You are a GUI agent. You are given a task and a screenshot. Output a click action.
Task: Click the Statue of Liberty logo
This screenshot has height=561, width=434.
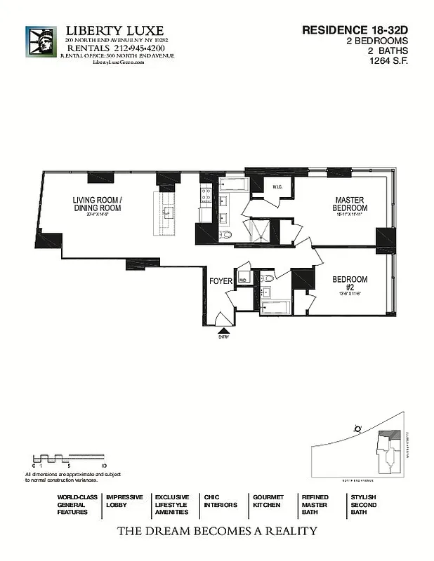[x=41, y=46]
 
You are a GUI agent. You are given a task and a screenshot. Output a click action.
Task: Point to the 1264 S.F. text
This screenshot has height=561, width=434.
[x=389, y=61]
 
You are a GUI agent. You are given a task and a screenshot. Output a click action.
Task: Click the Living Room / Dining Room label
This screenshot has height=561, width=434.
[x=97, y=203]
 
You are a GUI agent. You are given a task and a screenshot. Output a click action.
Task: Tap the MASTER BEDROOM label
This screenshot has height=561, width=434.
[x=350, y=204]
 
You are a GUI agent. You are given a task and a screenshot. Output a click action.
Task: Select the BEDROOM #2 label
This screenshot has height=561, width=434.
[x=350, y=283]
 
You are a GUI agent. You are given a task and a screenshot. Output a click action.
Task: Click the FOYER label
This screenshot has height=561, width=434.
[x=221, y=281]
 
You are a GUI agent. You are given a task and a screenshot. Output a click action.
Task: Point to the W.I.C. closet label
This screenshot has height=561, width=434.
[x=277, y=187]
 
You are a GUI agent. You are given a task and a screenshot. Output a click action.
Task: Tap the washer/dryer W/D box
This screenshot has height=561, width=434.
[x=243, y=280]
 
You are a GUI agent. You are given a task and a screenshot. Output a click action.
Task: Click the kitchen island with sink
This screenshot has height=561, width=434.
[x=169, y=214]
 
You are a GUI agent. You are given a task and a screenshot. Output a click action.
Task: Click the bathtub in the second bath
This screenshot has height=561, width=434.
[x=277, y=307]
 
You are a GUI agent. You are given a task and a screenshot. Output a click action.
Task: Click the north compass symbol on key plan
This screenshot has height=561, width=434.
[x=358, y=428]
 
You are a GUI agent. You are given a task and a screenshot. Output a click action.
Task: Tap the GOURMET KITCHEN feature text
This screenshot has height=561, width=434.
[x=267, y=501]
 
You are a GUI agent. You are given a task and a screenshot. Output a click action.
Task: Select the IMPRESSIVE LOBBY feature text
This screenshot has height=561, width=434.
[x=125, y=501]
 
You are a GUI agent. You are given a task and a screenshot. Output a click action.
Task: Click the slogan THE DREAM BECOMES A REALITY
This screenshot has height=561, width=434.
[x=216, y=531]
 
